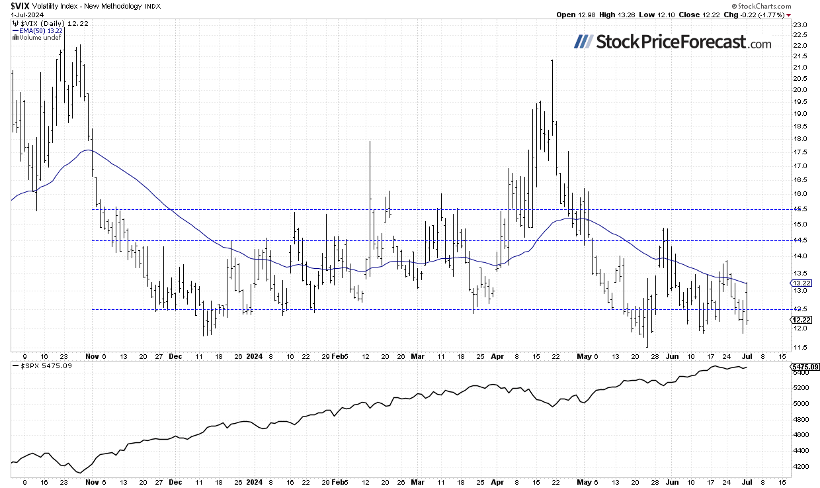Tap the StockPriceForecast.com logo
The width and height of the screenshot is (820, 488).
coord(672,42)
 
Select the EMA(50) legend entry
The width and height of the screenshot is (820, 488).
coord(36,30)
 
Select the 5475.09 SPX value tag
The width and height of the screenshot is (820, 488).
coord(804,366)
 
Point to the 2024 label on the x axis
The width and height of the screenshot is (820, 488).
coord(255,356)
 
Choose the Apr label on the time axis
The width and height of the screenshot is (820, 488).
coord(497,356)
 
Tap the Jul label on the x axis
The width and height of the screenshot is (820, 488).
coord(748,356)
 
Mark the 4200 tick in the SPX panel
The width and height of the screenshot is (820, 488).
coord(800,467)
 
